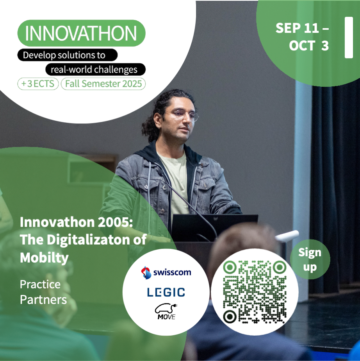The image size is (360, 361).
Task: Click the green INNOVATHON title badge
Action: click(82, 33)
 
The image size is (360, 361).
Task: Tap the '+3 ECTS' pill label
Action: click(38, 84)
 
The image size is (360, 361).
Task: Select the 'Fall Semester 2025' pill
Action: click(103, 84)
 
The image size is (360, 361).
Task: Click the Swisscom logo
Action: click(166, 273)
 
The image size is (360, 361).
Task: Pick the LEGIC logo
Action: click(166, 292)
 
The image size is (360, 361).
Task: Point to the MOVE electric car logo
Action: click(166, 311)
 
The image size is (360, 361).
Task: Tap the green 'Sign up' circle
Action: click(310, 259)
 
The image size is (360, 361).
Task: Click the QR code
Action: click(255, 292)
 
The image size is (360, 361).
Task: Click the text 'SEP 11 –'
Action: click(302, 28)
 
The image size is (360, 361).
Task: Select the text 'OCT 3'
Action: click(309, 46)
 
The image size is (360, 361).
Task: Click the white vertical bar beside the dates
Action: click(349, 38)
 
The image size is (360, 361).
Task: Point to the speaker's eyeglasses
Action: click(184, 114)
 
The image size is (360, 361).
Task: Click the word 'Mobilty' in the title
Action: click(44, 257)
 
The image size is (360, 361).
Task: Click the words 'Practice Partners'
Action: click(43, 292)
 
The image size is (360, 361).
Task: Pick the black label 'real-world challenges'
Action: click(95, 69)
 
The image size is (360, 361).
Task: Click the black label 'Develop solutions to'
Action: click(68, 55)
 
